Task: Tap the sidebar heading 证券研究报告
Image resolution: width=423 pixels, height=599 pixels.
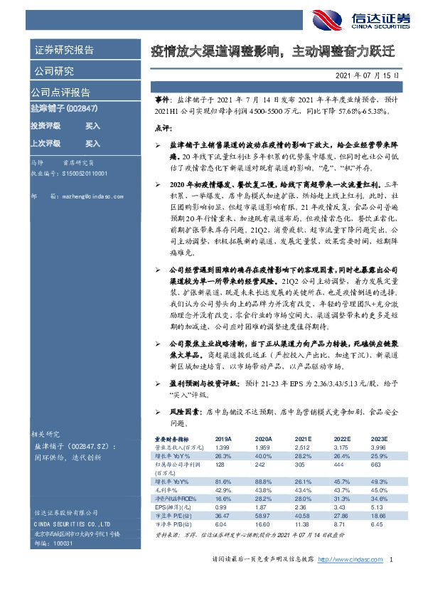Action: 64,51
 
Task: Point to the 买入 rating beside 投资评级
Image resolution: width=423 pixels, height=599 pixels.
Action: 92,125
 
